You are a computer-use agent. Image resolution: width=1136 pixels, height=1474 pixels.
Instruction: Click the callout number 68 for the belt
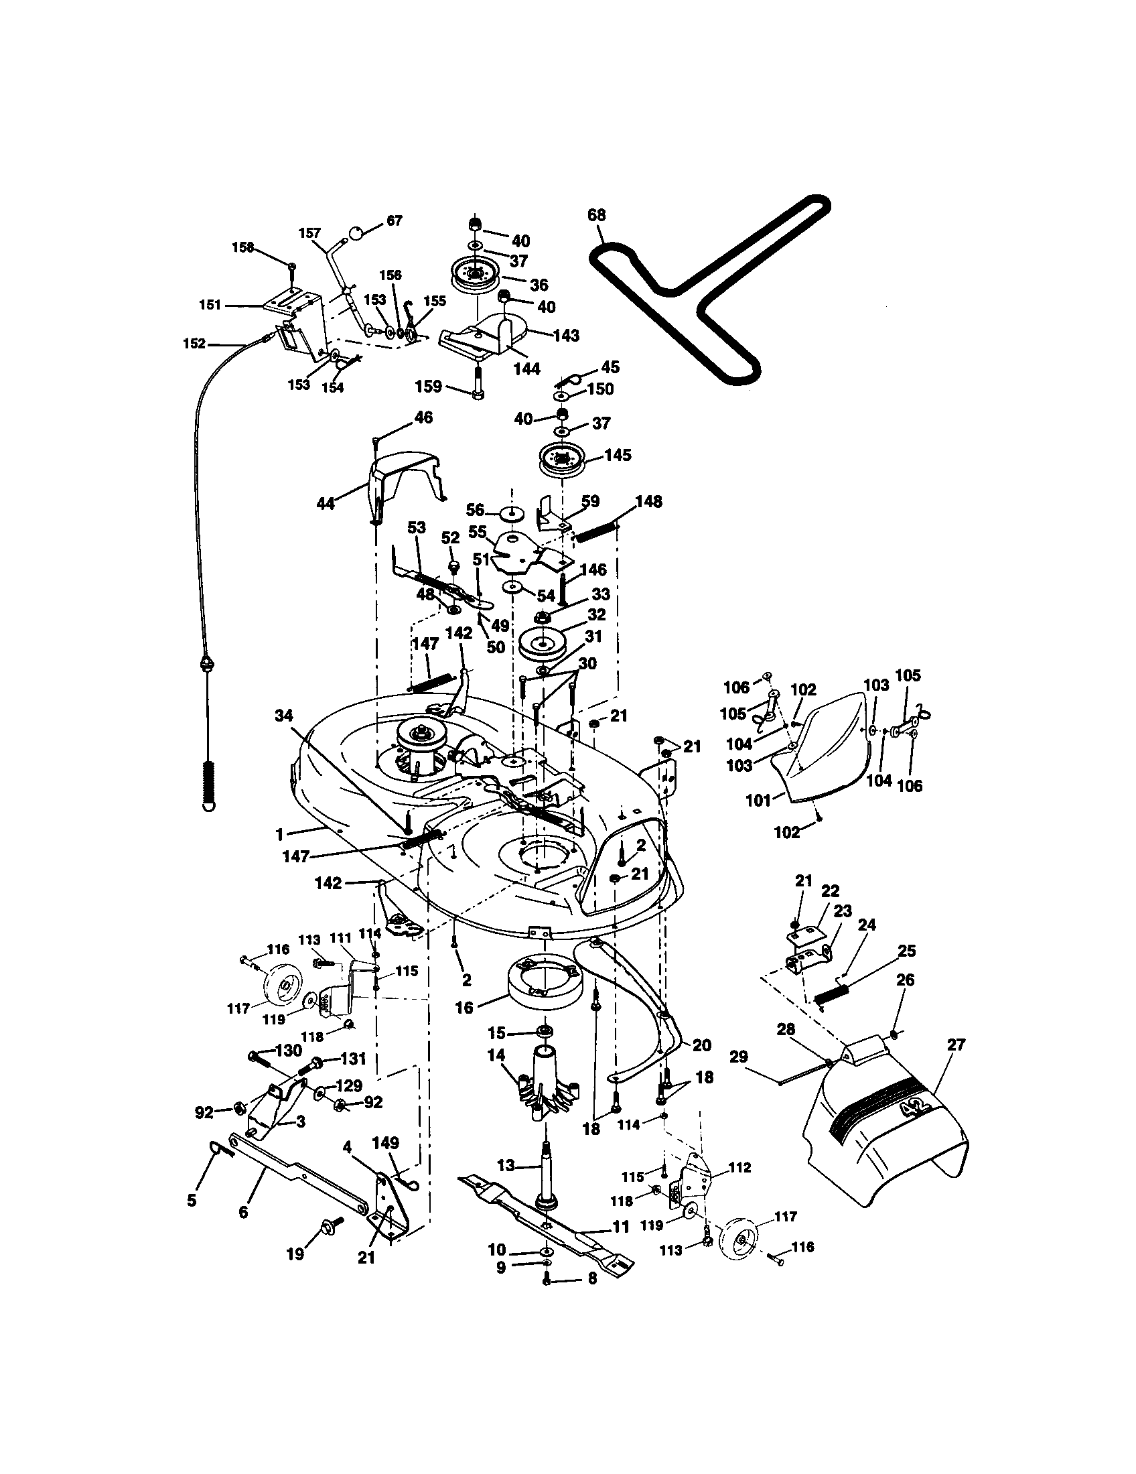click(x=596, y=215)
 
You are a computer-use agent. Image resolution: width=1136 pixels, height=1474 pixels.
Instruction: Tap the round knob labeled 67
click(x=356, y=235)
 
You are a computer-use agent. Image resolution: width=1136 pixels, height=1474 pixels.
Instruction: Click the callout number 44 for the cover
click(x=326, y=503)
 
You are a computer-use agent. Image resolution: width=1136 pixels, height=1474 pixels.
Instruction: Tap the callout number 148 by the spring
click(x=648, y=501)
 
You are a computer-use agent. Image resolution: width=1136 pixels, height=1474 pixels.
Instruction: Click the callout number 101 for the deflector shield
click(x=758, y=801)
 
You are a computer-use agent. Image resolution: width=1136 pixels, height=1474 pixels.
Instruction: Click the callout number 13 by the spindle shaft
click(x=506, y=1165)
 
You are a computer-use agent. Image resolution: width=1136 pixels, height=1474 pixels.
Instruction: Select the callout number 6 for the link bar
click(x=243, y=1213)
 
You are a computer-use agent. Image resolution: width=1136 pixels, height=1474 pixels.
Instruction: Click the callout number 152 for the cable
click(x=194, y=344)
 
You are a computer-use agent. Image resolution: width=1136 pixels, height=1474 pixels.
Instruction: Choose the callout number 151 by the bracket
click(x=210, y=305)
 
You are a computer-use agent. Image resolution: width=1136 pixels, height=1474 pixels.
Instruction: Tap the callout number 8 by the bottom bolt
click(x=592, y=1298)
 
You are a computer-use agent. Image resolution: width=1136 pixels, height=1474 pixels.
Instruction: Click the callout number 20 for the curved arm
click(x=702, y=1045)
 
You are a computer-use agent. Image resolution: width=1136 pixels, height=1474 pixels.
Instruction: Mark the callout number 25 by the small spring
click(x=907, y=950)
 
